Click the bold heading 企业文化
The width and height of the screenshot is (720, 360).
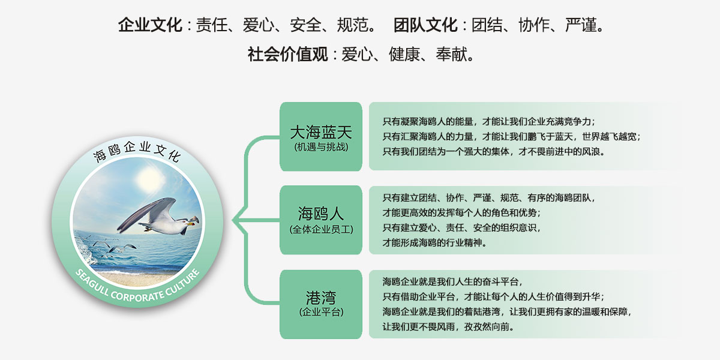point(151,25)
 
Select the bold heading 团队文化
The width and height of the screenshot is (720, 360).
point(425,25)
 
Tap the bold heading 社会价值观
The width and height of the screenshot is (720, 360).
point(287,54)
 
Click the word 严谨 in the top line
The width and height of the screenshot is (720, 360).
point(581,25)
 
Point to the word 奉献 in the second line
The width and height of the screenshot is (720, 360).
point(452,54)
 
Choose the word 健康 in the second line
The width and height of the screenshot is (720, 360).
point(404,54)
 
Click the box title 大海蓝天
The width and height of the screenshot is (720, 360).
point(321,132)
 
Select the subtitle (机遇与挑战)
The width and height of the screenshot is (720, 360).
point(321,147)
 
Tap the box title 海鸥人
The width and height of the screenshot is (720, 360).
point(321,214)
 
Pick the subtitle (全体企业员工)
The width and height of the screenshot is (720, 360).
point(321,229)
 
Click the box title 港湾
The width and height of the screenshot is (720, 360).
point(321,298)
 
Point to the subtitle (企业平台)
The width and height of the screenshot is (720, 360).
point(321,312)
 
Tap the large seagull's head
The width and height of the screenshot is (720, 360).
point(186,221)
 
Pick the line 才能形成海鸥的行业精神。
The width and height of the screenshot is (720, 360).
point(434,242)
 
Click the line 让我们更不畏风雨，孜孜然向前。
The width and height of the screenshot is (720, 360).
point(448,327)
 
